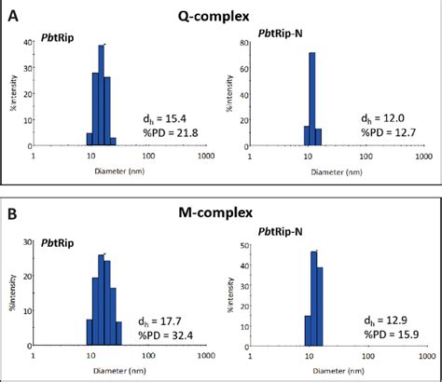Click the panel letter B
point(12,213)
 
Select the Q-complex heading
point(221,16)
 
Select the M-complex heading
point(221,213)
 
